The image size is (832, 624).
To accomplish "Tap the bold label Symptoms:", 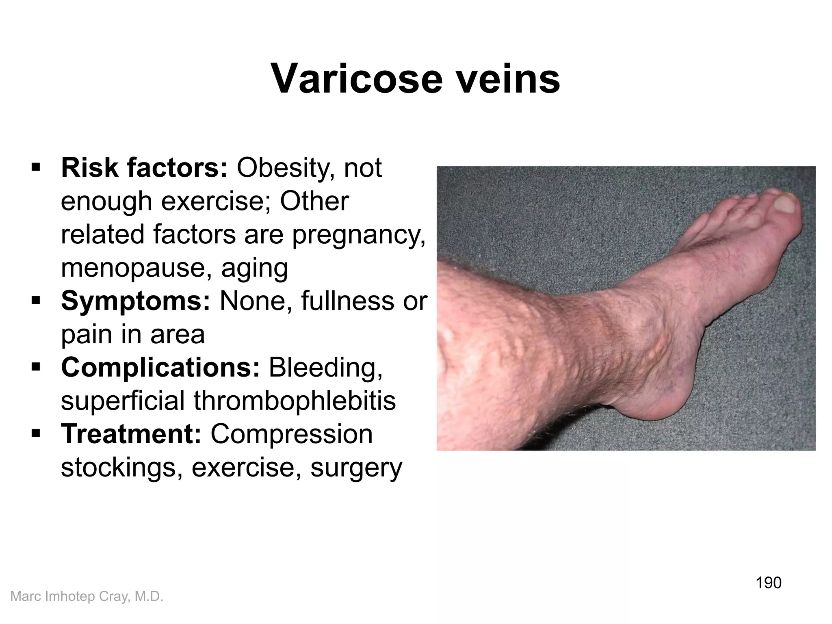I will click(136, 301).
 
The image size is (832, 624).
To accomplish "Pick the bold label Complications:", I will click(160, 367).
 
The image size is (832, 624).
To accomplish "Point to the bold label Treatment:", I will click(131, 434).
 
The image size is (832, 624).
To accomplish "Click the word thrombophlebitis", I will click(294, 401).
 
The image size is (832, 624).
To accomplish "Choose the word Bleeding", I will click(325, 367).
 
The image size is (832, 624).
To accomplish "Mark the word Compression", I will click(291, 434).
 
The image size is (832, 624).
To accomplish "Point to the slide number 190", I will click(768, 583).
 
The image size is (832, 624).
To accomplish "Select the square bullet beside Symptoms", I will click(36, 301).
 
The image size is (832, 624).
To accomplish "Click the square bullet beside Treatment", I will click(36, 434).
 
